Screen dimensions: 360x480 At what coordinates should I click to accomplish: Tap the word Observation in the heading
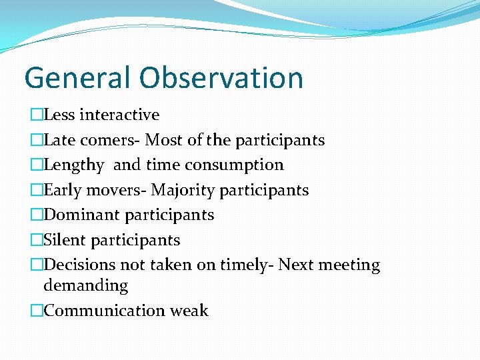[x=221, y=77]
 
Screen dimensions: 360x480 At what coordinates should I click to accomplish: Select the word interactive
[x=119, y=115]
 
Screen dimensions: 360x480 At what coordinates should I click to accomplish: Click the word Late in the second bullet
[x=57, y=140]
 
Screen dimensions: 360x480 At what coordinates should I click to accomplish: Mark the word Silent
[x=65, y=240]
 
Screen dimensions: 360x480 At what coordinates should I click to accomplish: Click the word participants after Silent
[x=135, y=240]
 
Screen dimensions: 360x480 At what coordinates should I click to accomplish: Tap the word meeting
[x=349, y=265]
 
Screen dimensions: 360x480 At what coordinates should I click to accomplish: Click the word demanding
[x=85, y=286]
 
